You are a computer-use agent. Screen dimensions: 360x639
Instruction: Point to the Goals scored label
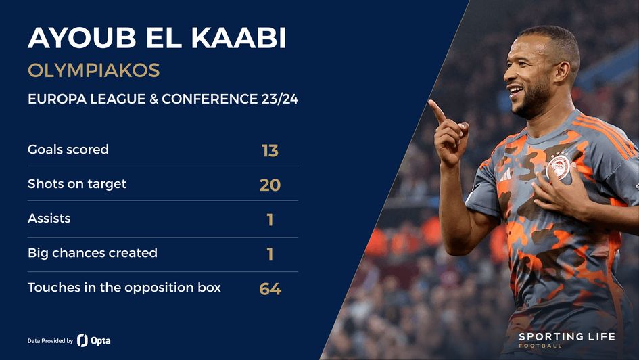click(68, 149)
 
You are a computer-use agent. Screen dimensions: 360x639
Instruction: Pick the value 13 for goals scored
click(270, 150)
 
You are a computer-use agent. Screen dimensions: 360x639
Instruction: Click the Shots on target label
click(77, 183)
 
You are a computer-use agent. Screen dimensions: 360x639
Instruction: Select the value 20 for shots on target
click(270, 185)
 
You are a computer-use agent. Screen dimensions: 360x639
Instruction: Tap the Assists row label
click(49, 219)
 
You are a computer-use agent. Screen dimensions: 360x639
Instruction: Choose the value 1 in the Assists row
click(270, 220)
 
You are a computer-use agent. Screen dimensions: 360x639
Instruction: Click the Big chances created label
click(93, 253)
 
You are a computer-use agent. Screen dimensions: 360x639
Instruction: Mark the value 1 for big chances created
click(270, 254)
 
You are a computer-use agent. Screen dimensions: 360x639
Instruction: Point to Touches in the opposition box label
click(124, 288)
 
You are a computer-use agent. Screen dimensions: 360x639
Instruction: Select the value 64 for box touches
click(270, 290)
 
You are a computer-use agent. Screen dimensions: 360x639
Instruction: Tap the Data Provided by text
click(50, 341)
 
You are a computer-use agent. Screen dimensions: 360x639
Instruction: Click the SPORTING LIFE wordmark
click(567, 336)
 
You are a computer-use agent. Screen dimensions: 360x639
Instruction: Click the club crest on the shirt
click(559, 166)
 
